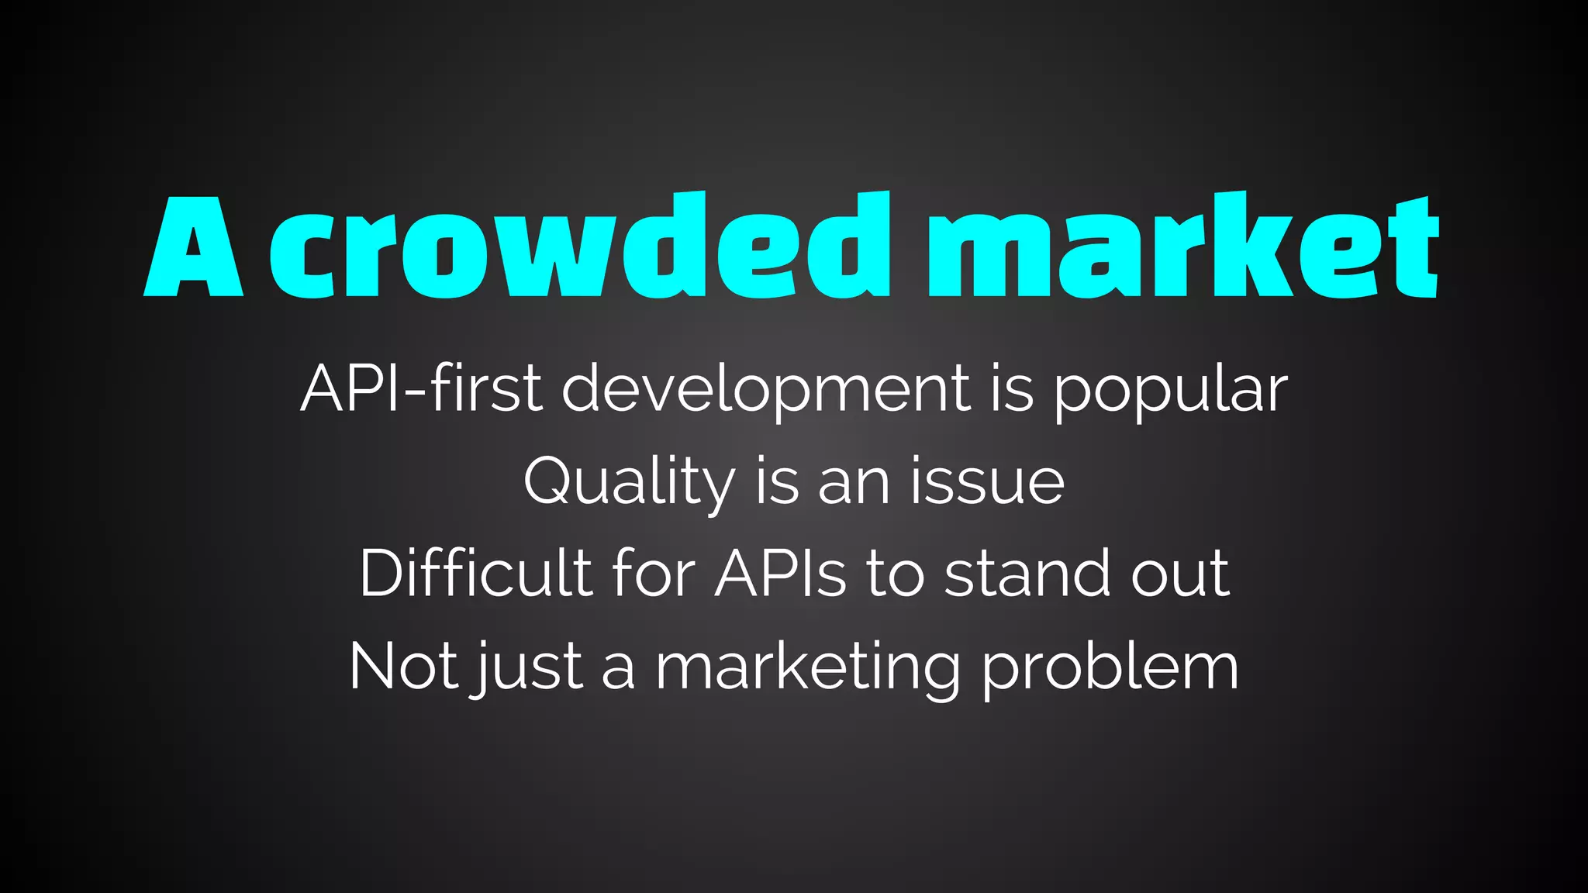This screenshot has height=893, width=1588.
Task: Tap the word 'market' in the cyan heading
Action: tap(1183, 247)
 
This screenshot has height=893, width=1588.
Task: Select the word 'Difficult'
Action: tap(475, 574)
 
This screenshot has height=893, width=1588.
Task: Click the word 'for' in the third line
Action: tap(654, 574)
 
